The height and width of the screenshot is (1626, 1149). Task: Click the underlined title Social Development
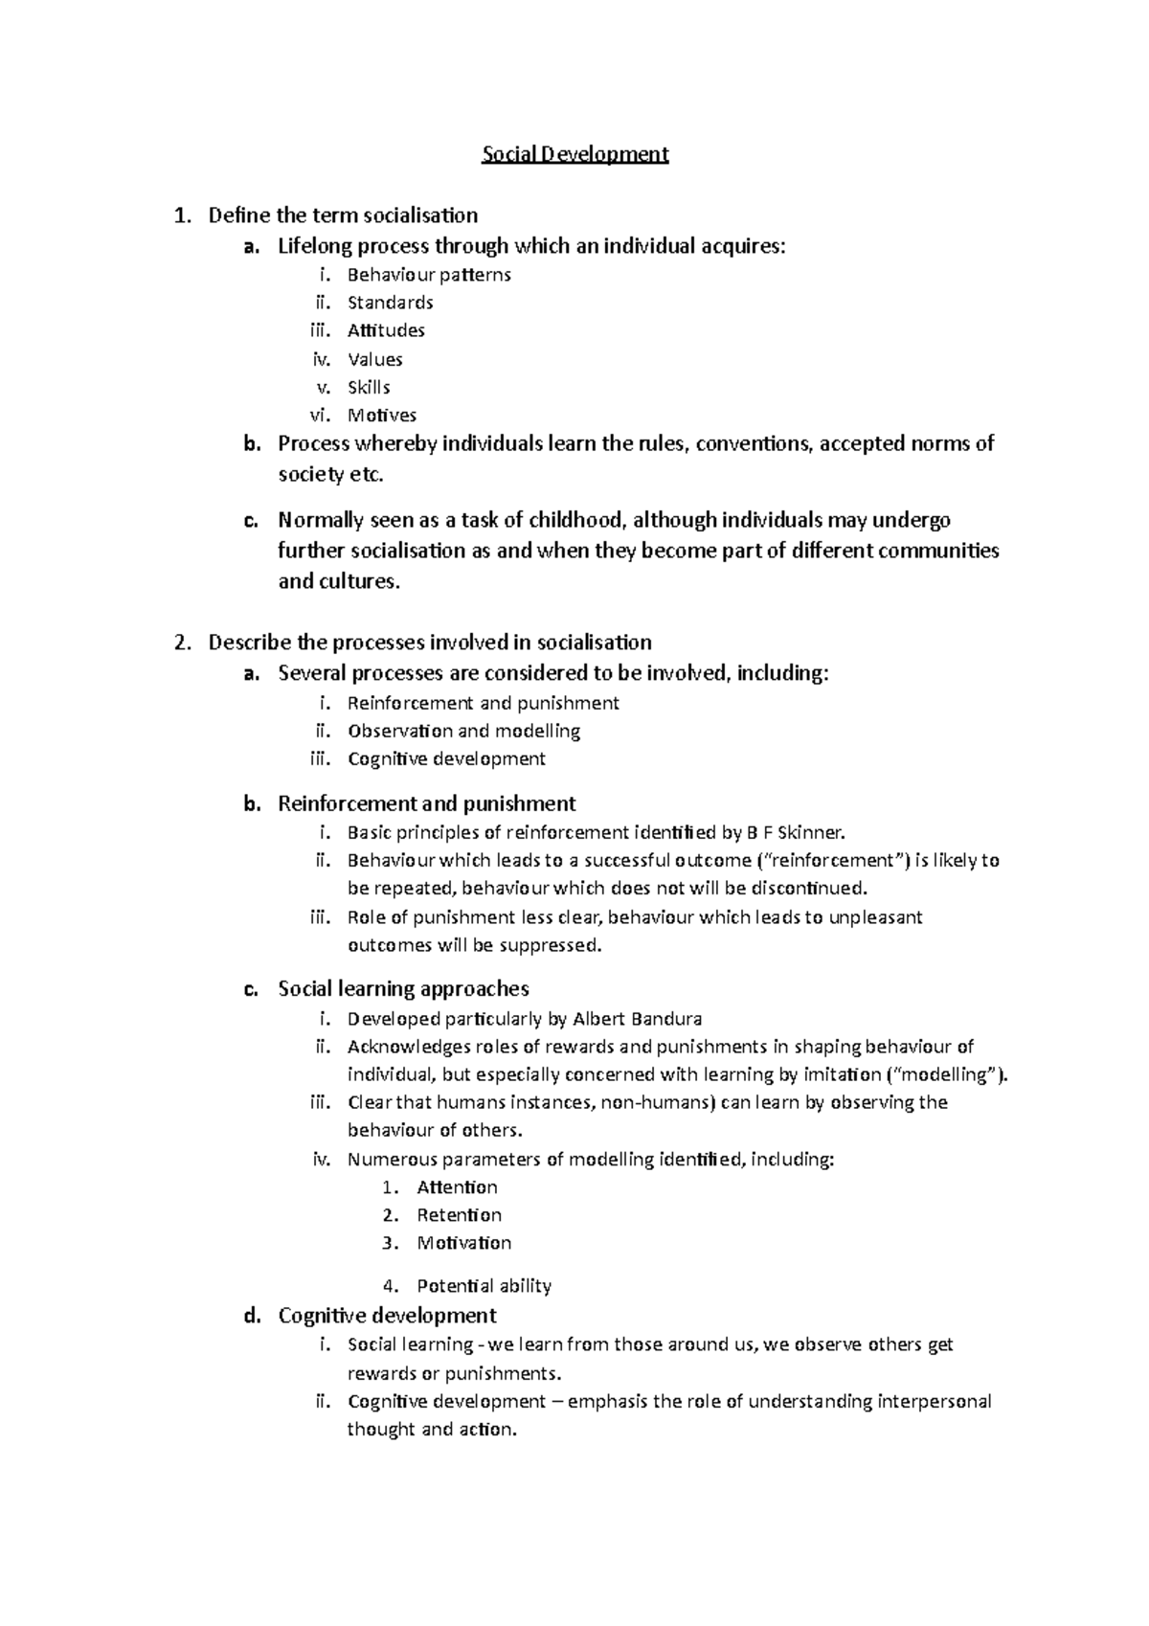(x=574, y=154)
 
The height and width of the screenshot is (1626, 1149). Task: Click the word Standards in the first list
(x=390, y=303)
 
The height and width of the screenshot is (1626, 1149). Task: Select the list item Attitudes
(x=386, y=330)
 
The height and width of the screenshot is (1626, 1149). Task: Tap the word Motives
(x=381, y=416)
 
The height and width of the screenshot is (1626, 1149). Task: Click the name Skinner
(x=813, y=832)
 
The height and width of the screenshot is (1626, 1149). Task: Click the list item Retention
(x=459, y=1215)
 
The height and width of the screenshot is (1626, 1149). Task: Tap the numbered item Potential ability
(x=484, y=1286)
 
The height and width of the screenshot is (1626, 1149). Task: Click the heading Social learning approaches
(x=403, y=989)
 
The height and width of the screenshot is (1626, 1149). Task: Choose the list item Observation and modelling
(x=463, y=732)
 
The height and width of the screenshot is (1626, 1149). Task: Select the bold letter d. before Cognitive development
(x=252, y=1316)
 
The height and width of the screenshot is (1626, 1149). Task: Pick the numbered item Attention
(x=457, y=1187)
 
